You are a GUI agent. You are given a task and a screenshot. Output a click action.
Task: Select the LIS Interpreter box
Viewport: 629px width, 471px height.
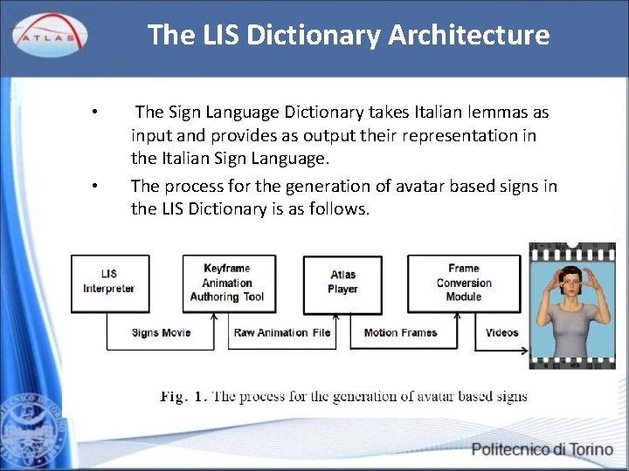[109, 282]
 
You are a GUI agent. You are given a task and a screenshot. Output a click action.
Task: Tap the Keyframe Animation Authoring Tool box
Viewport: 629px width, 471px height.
[227, 282]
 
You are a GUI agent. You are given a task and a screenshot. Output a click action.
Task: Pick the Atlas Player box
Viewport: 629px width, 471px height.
[342, 282]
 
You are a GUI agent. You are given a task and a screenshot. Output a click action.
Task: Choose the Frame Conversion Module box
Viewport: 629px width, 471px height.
[463, 282]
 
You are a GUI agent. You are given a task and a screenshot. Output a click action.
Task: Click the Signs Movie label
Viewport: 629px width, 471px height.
[161, 332]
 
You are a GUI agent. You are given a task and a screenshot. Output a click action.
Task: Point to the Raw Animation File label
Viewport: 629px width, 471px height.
[282, 332]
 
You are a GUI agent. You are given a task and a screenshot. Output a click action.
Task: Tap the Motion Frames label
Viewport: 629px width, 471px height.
[400, 332]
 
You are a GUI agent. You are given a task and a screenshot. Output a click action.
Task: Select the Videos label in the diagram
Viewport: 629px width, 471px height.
[501, 332]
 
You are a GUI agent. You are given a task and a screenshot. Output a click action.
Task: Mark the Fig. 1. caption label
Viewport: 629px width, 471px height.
[183, 396]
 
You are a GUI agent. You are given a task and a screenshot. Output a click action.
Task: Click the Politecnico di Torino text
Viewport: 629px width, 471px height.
[542, 450]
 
